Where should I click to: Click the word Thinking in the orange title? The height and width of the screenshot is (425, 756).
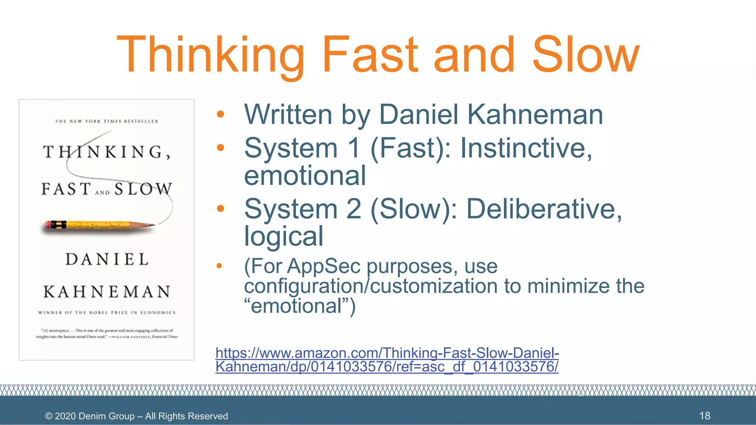tap(210, 55)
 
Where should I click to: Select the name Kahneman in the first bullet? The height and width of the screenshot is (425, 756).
tap(535, 114)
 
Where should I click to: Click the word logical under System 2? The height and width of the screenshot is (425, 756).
tap(283, 236)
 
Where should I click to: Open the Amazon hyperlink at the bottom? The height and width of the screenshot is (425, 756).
tap(387, 360)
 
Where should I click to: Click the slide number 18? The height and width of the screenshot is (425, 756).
tap(704, 416)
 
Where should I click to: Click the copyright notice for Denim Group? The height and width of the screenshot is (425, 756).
tap(136, 416)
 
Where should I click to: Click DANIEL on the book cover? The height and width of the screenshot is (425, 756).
tap(107, 259)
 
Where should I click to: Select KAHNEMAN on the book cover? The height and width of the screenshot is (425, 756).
tap(107, 292)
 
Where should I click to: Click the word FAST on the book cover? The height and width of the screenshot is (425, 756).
tap(66, 189)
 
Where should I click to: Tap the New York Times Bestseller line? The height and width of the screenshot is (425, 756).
tap(106, 121)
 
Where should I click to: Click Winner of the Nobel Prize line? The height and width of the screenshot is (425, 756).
tap(107, 312)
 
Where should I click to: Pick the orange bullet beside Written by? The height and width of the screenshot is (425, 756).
tap(220, 114)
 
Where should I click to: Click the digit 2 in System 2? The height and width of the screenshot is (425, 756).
tap(353, 209)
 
